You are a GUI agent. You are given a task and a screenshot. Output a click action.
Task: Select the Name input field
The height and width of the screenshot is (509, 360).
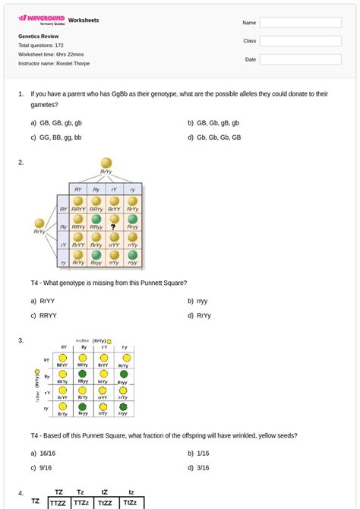click(x=300, y=23)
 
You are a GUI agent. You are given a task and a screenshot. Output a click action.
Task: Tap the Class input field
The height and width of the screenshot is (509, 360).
click(x=300, y=40)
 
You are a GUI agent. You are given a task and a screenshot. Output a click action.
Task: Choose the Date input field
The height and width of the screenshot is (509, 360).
click(x=300, y=58)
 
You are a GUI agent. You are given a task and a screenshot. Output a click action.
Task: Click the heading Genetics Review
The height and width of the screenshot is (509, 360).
click(x=38, y=36)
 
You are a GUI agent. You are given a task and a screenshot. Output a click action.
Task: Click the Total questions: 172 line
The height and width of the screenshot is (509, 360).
click(x=41, y=46)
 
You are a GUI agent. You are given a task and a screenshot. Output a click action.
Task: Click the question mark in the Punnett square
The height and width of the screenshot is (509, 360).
click(x=113, y=226)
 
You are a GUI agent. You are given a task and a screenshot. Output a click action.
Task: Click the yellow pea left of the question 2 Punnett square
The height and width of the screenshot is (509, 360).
click(x=40, y=223)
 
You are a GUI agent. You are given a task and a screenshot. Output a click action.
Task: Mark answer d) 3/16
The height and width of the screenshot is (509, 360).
click(x=201, y=468)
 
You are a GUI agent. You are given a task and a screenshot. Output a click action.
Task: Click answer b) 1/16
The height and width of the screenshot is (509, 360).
click(x=201, y=453)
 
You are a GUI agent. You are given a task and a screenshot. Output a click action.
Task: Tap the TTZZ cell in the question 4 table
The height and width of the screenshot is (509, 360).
click(x=58, y=503)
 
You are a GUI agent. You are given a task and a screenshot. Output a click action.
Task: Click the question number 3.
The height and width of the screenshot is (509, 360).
click(x=21, y=340)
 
